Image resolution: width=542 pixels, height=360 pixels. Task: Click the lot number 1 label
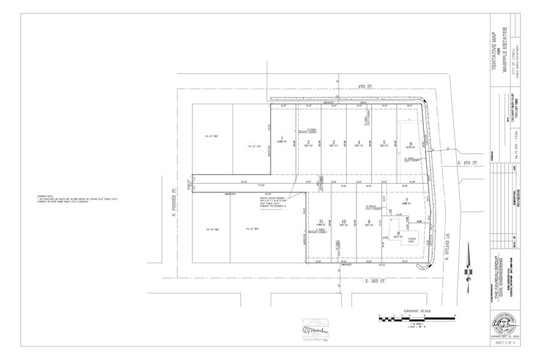pyautogui.click(x=281, y=138)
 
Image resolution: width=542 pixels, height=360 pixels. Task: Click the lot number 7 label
pyautogui.click(x=405, y=200)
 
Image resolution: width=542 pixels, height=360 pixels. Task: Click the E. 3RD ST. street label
pyautogui.click(x=356, y=280)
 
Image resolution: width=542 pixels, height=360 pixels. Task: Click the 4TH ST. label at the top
pyautogui.click(x=366, y=88)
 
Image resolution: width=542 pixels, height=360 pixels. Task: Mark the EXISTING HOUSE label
pyautogui.click(x=412, y=241)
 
